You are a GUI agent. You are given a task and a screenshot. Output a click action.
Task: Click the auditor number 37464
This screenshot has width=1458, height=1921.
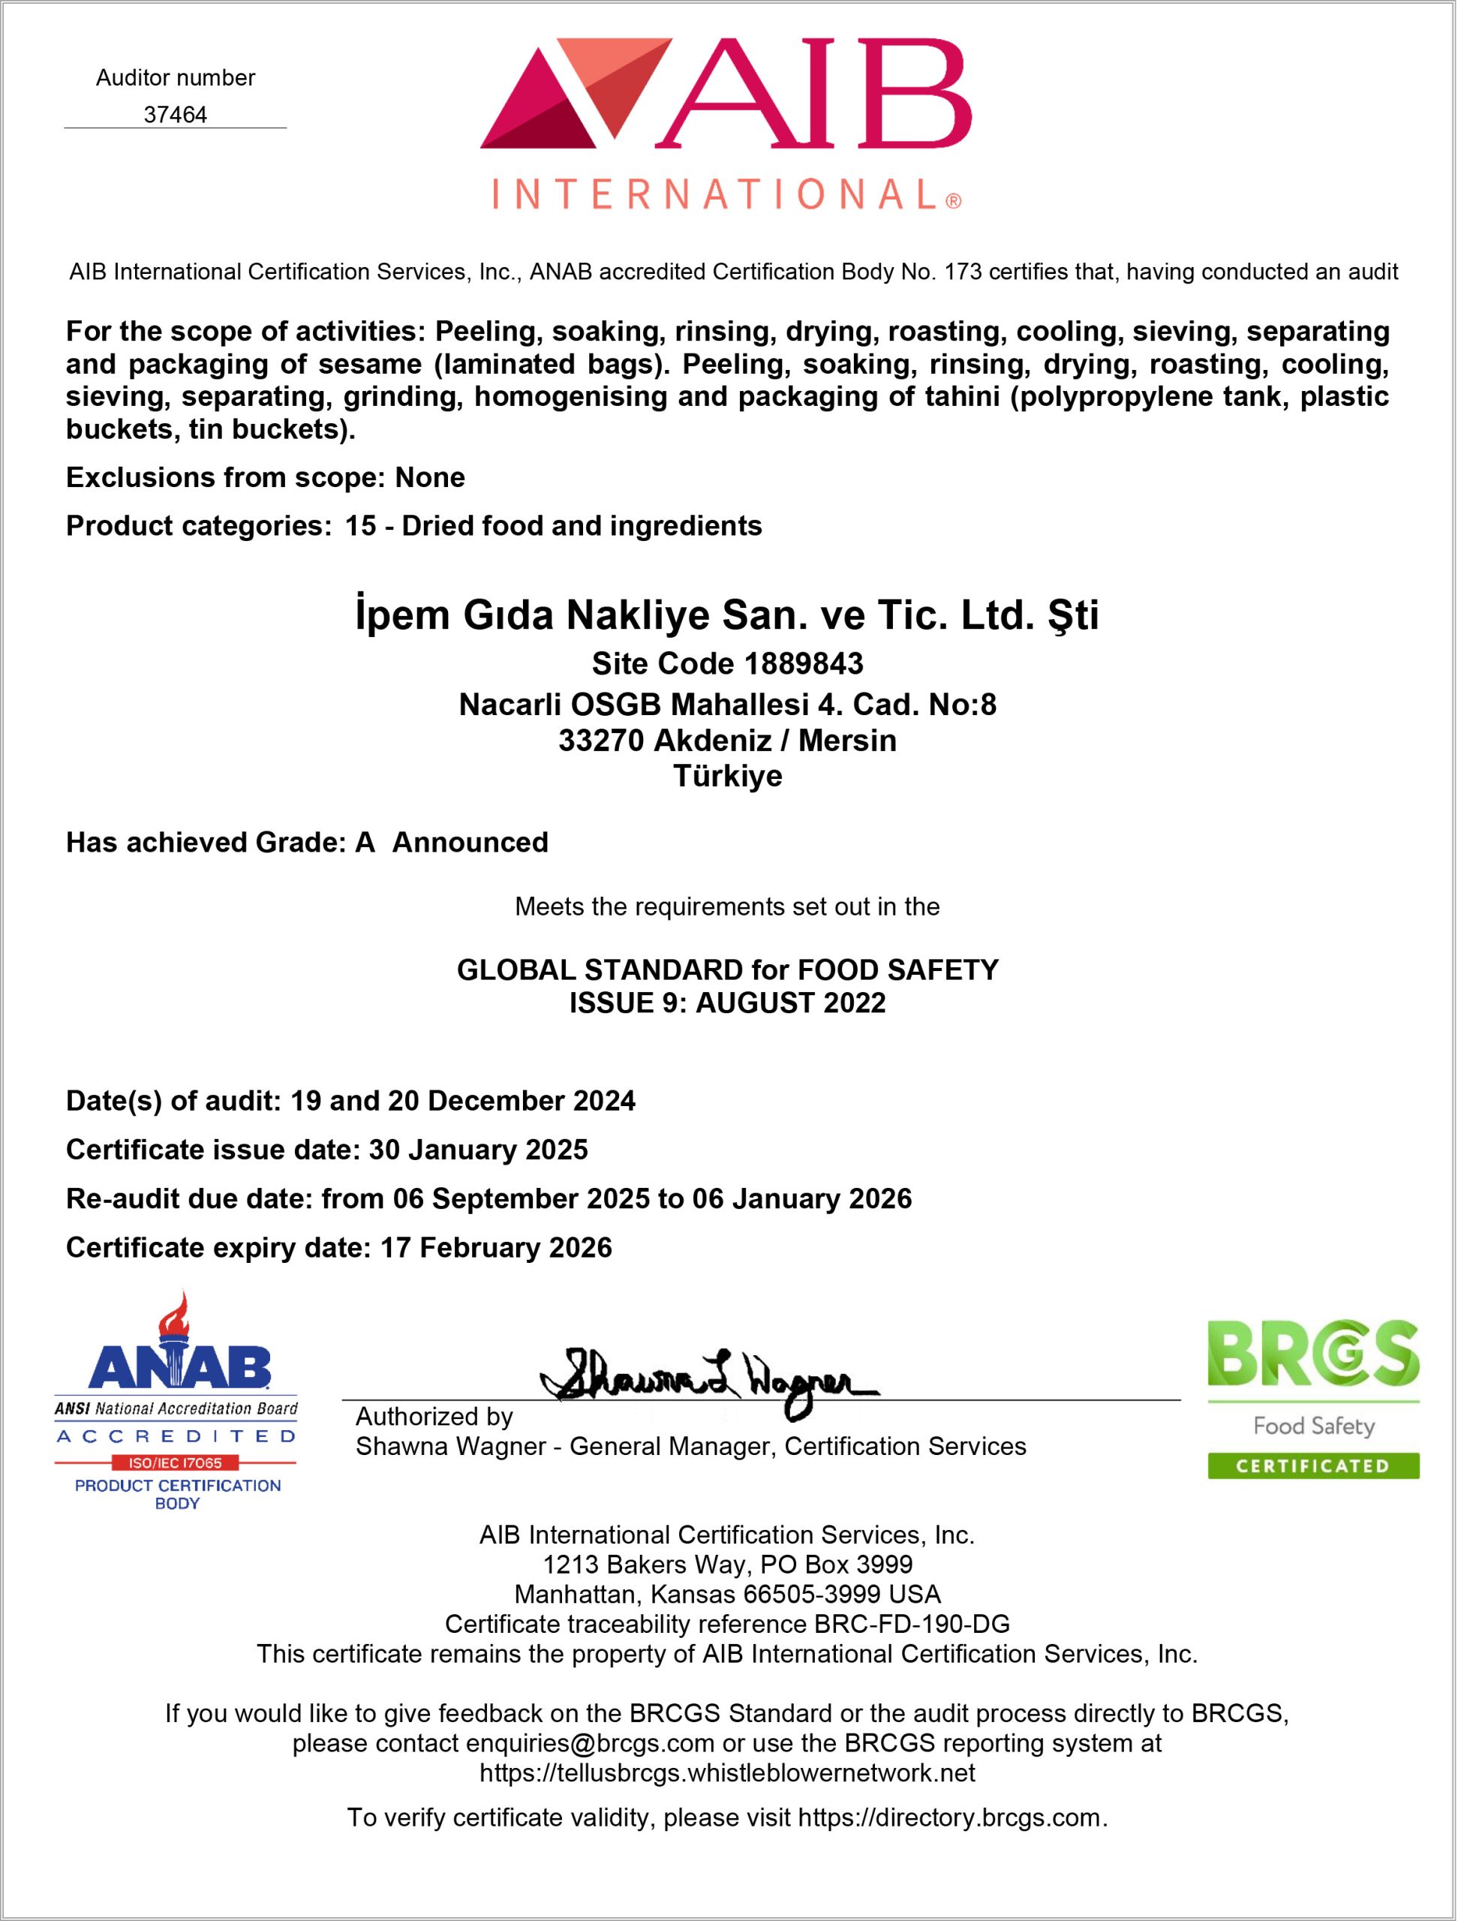tap(175, 115)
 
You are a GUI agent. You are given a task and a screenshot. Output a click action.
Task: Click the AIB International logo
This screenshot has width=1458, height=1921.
tap(726, 123)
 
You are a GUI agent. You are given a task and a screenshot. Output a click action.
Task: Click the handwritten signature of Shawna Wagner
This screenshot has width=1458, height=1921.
tap(708, 1381)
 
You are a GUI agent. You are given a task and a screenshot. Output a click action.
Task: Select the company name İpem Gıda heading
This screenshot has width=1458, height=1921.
tap(728, 615)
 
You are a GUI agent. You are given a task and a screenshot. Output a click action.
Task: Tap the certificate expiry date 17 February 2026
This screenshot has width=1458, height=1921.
tap(496, 1247)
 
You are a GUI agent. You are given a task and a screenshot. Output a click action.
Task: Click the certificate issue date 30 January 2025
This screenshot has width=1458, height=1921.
tap(479, 1150)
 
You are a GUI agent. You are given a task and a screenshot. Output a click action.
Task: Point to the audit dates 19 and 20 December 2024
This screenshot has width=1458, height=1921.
tap(463, 1101)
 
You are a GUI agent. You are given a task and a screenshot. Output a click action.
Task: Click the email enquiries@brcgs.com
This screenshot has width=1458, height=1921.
tap(590, 1743)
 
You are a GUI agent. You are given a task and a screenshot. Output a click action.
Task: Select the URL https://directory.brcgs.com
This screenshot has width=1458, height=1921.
tap(950, 1817)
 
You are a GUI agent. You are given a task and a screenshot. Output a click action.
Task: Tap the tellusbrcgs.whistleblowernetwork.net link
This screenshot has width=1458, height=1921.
tap(728, 1772)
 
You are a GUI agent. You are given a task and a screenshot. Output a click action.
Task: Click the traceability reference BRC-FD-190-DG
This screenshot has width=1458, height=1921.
tap(912, 1624)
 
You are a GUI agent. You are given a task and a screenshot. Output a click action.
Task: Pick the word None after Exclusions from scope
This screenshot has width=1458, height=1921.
tap(430, 478)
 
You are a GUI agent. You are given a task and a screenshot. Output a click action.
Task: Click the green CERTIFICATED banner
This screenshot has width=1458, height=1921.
tap(1313, 1467)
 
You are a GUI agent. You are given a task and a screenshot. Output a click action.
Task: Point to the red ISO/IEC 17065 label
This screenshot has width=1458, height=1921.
tap(176, 1463)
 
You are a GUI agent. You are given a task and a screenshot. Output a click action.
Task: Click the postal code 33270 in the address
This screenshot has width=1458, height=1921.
tap(601, 741)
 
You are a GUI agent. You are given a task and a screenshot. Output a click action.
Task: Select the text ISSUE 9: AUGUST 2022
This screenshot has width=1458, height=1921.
tap(728, 1003)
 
